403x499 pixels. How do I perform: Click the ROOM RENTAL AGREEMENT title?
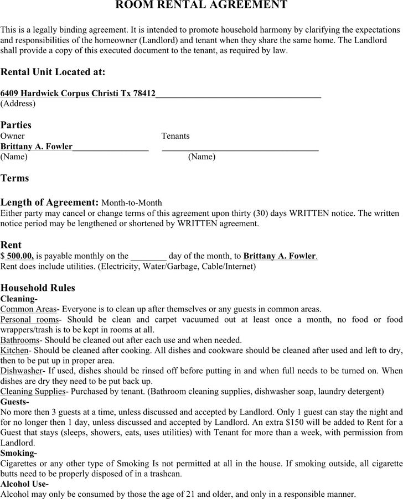[201, 6]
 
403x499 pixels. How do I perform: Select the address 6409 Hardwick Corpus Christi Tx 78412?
[78, 93]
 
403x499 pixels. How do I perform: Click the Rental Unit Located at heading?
[53, 72]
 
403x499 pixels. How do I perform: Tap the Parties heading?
[16, 125]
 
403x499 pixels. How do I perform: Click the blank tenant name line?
[240, 147]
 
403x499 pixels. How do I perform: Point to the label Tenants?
[175, 136]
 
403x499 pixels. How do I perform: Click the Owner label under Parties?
[12, 136]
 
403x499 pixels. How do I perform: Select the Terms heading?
[15, 178]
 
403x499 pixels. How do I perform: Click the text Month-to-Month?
[132, 203]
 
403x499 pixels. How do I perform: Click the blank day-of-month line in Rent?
[148, 257]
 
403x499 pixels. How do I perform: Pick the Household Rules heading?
[38, 288]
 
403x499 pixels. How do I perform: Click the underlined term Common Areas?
[28, 309]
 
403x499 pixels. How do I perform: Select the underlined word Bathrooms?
[20, 340]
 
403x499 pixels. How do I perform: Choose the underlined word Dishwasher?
[22, 371]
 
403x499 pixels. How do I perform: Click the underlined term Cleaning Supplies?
[33, 392]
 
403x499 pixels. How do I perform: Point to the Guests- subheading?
[15, 402]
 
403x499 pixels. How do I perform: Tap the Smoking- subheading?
[18, 453]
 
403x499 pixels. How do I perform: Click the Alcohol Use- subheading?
[25, 484]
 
